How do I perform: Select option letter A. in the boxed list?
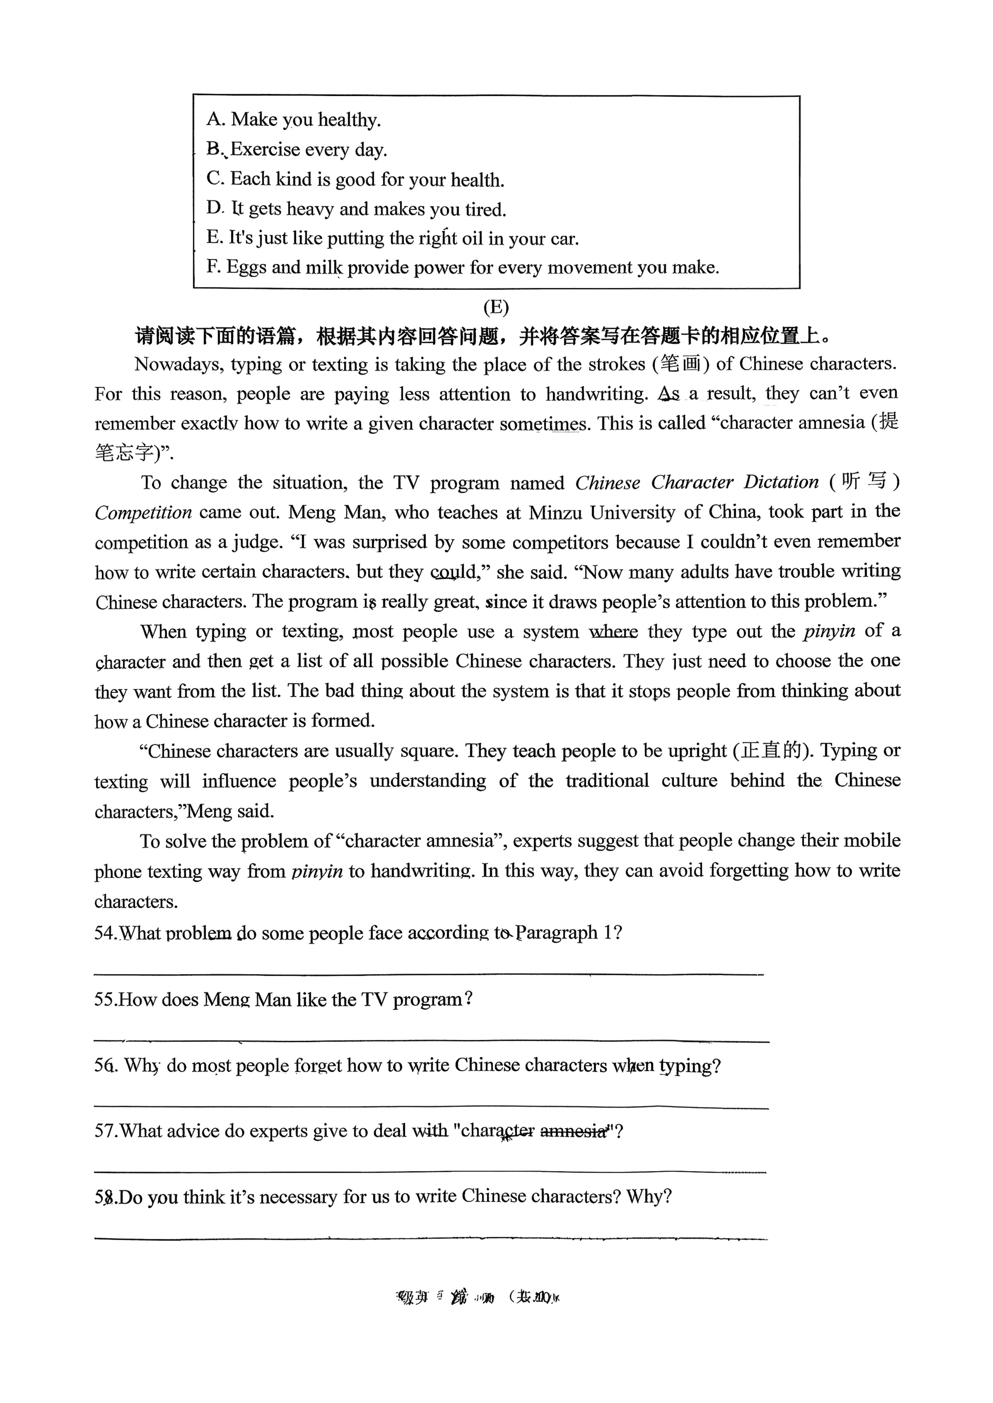click(x=216, y=119)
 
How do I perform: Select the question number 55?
click(x=105, y=1000)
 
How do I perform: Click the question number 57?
click(x=105, y=1131)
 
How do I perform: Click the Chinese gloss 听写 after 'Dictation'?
click(x=864, y=482)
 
